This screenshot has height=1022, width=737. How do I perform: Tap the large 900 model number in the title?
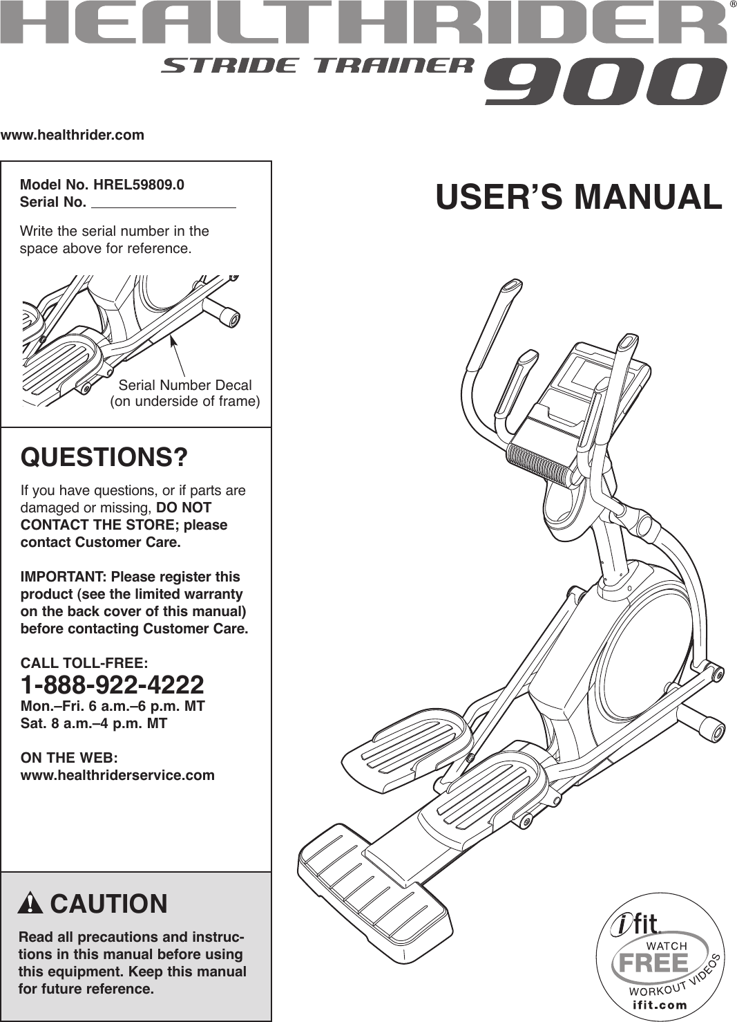(x=605, y=82)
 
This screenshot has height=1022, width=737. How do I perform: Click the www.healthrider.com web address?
(x=73, y=136)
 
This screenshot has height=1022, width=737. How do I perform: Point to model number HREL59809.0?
(x=139, y=185)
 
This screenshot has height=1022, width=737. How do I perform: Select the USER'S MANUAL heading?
(x=578, y=197)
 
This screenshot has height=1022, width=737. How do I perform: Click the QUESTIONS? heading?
(x=104, y=458)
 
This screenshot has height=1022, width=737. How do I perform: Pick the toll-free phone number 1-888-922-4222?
(x=113, y=685)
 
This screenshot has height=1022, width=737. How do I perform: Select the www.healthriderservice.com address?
(x=117, y=775)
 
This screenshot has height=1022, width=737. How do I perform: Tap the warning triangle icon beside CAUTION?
(x=31, y=904)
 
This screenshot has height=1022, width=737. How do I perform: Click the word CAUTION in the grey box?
(x=108, y=904)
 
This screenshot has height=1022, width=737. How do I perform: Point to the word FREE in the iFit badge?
(x=653, y=963)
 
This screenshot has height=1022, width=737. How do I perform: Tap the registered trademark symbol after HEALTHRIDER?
(x=732, y=5)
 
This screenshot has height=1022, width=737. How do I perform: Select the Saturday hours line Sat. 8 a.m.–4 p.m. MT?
(x=94, y=723)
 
